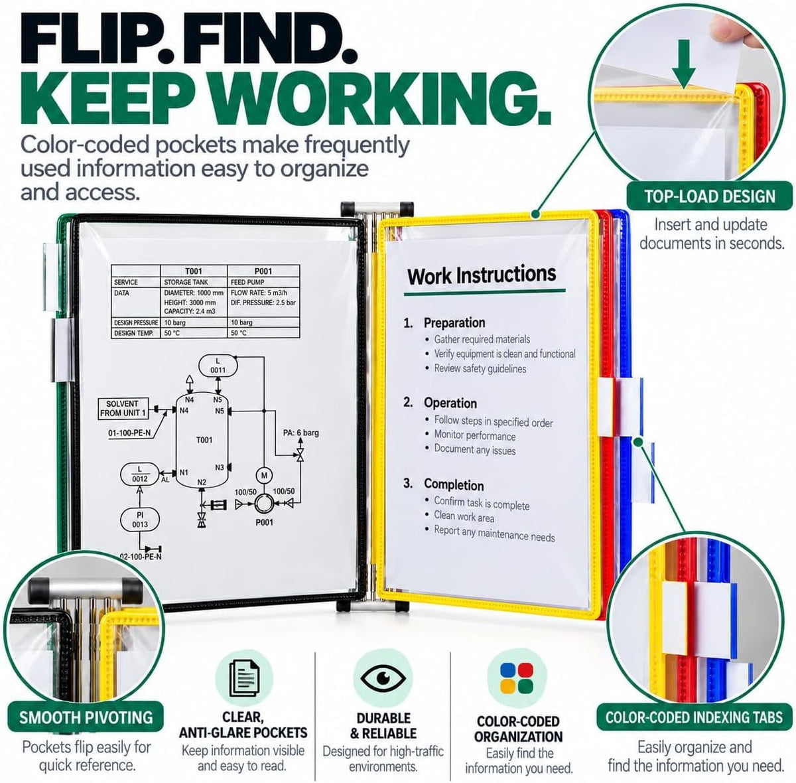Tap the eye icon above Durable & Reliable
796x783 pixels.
click(x=383, y=677)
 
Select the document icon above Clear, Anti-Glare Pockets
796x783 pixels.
click(x=244, y=678)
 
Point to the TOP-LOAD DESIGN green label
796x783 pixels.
click(x=710, y=196)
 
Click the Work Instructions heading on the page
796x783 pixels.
click(x=482, y=275)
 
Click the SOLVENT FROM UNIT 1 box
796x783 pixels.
click(x=123, y=409)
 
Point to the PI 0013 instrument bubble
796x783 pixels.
click(x=139, y=520)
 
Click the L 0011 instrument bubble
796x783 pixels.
click(x=218, y=366)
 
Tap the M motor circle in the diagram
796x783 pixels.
click(x=264, y=476)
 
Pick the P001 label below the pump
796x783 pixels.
click(x=264, y=522)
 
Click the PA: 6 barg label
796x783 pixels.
click(x=300, y=433)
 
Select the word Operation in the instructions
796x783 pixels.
click(x=450, y=403)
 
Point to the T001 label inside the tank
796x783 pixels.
click(x=204, y=440)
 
